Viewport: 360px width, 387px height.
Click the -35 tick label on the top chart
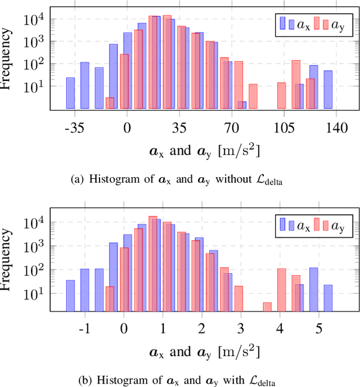tap(74, 128)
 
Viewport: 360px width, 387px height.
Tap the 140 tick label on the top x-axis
tap(336, 128)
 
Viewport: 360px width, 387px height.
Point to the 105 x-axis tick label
tap(284, 128)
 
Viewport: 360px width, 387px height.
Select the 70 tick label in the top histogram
tap(232, 128)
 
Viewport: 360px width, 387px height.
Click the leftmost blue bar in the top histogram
tap(70, 93)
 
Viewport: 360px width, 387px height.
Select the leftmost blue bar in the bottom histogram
tap(70, 295)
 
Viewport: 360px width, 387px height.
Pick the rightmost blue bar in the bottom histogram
tap(328, 298)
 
